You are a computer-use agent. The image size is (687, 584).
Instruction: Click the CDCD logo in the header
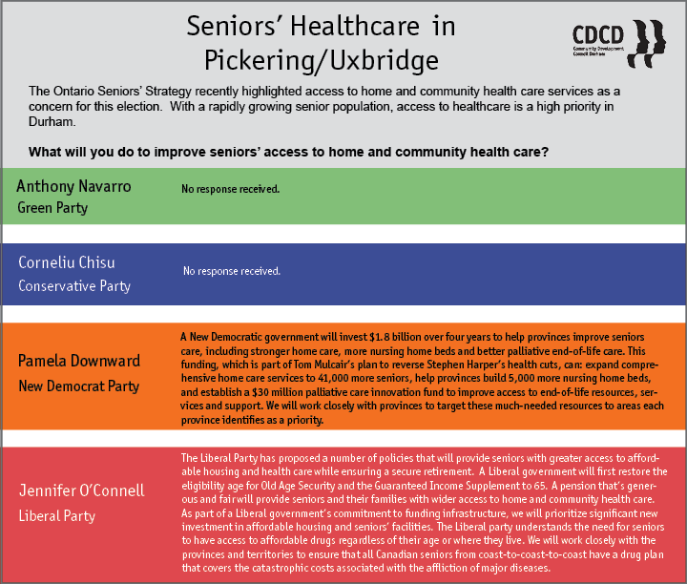(x=619, y=43)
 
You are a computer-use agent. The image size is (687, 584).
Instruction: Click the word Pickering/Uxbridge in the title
(x=322, y=60)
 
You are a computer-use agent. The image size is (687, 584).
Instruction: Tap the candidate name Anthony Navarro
(x=73, y=187)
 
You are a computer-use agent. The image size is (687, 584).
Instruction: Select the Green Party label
(x=52, y=208)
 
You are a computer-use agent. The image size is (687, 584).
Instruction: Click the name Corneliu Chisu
(x=67, y=262)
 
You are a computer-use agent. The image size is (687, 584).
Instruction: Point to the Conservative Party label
(x=74, y=286)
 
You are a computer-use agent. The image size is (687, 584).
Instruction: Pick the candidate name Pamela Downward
(x=79, y=361)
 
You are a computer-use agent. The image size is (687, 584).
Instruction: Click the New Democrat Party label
(x=79, y=386)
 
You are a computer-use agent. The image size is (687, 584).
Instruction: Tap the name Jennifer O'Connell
(x=81, y=490)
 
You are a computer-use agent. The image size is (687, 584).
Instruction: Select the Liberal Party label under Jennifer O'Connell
(x=57, y=516)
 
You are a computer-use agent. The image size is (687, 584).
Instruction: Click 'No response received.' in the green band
(x=231, y=189)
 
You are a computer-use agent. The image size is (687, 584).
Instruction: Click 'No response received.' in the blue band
(x=232, y=271)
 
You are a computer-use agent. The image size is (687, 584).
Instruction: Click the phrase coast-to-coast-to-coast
(x=532, y=554)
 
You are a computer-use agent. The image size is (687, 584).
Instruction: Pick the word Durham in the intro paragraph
(x=52, y=122)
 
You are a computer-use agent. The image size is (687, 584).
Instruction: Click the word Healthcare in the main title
(x=355, y=27)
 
